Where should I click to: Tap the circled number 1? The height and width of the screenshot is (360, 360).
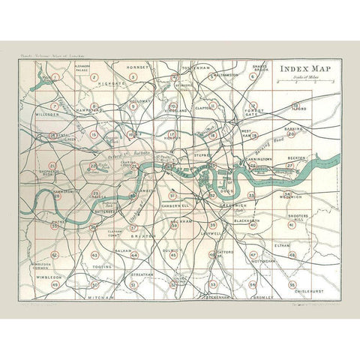tap(55, 77)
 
